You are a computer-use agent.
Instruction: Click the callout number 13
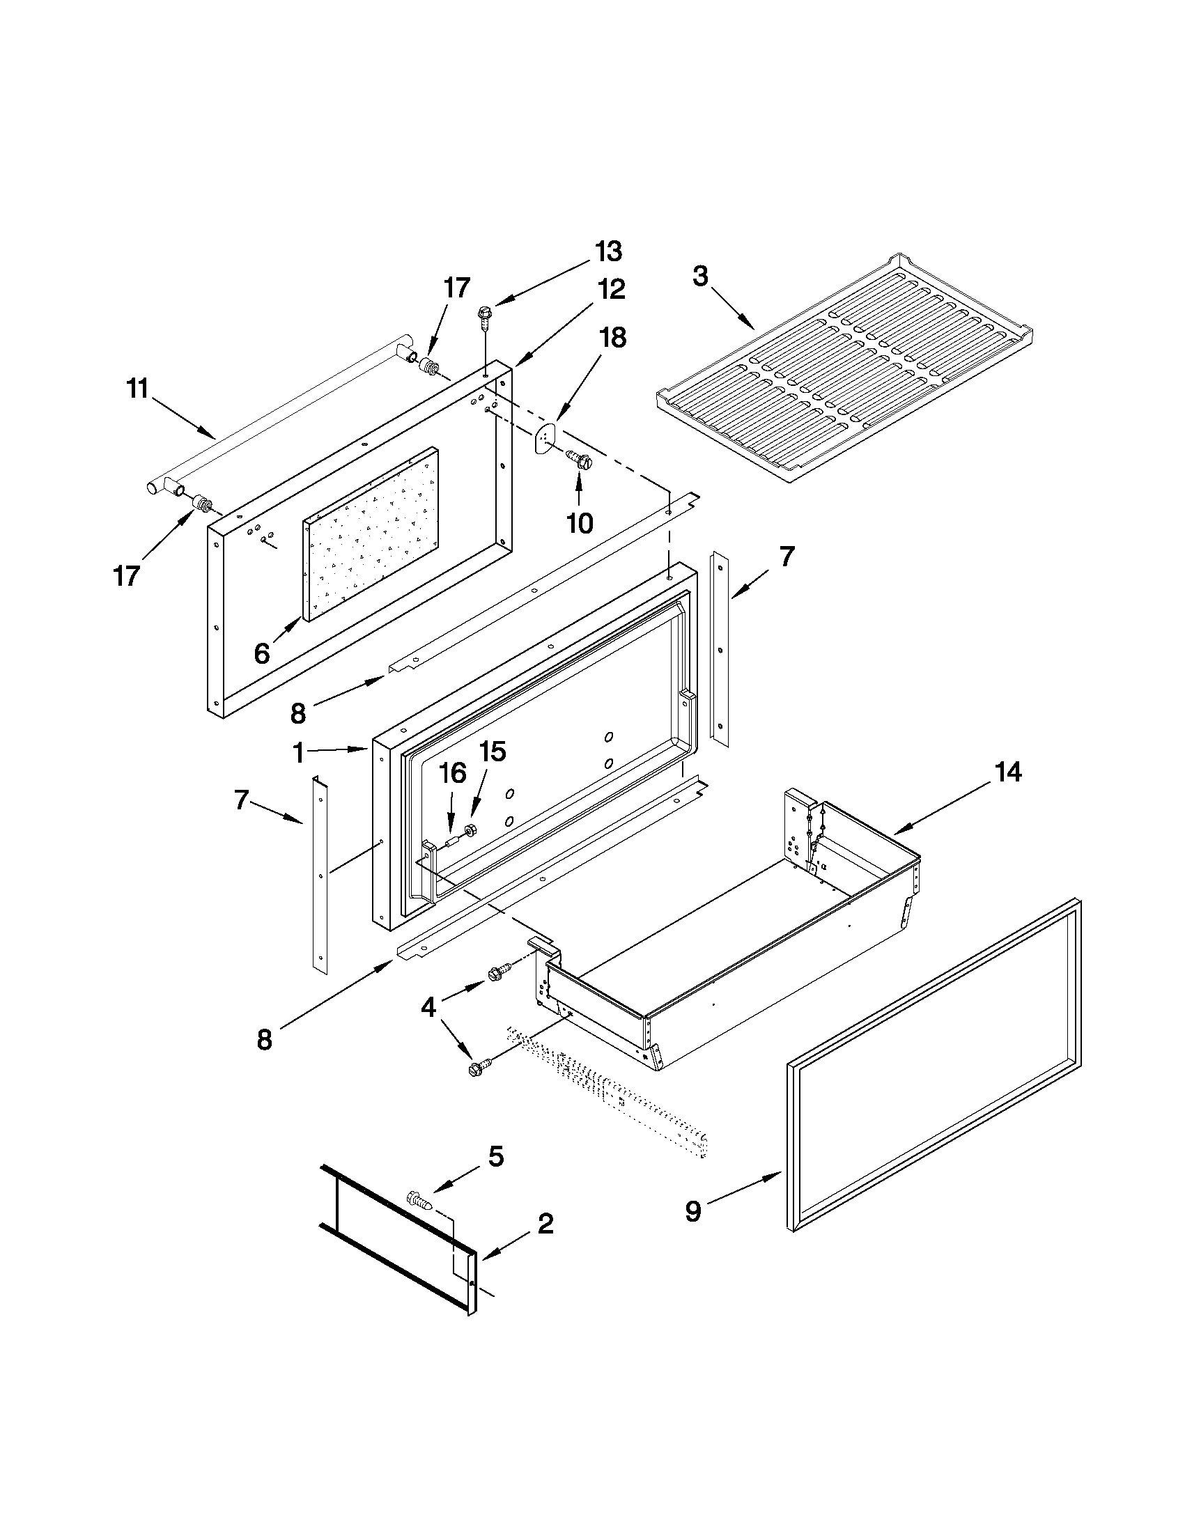click(608, 251)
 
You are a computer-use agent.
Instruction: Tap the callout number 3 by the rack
click(700, 277)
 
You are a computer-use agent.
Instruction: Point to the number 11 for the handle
click(138, 388)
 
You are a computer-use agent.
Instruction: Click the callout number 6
click(262, 653)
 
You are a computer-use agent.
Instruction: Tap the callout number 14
click(1007, 772)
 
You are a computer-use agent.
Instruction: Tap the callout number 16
click(453, 774)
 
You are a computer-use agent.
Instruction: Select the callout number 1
click(298, 753)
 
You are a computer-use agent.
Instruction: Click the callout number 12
click(611, 289)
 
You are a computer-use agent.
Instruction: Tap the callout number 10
click(580, 522)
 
